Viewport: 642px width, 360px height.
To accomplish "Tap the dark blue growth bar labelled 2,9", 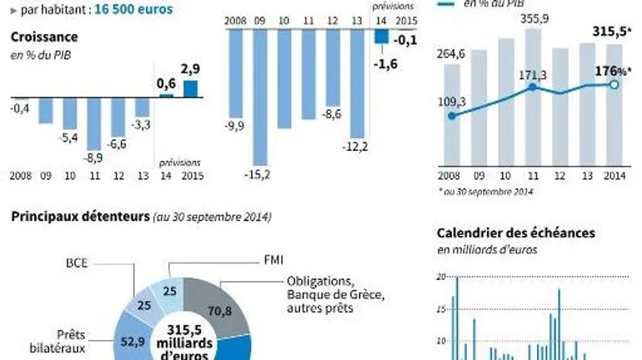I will point(191,88).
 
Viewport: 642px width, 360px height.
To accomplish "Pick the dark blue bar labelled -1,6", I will point(381,36).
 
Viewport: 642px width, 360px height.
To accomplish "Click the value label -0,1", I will point(407,39).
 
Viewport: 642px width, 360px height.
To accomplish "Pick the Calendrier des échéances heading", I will point(516,233).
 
